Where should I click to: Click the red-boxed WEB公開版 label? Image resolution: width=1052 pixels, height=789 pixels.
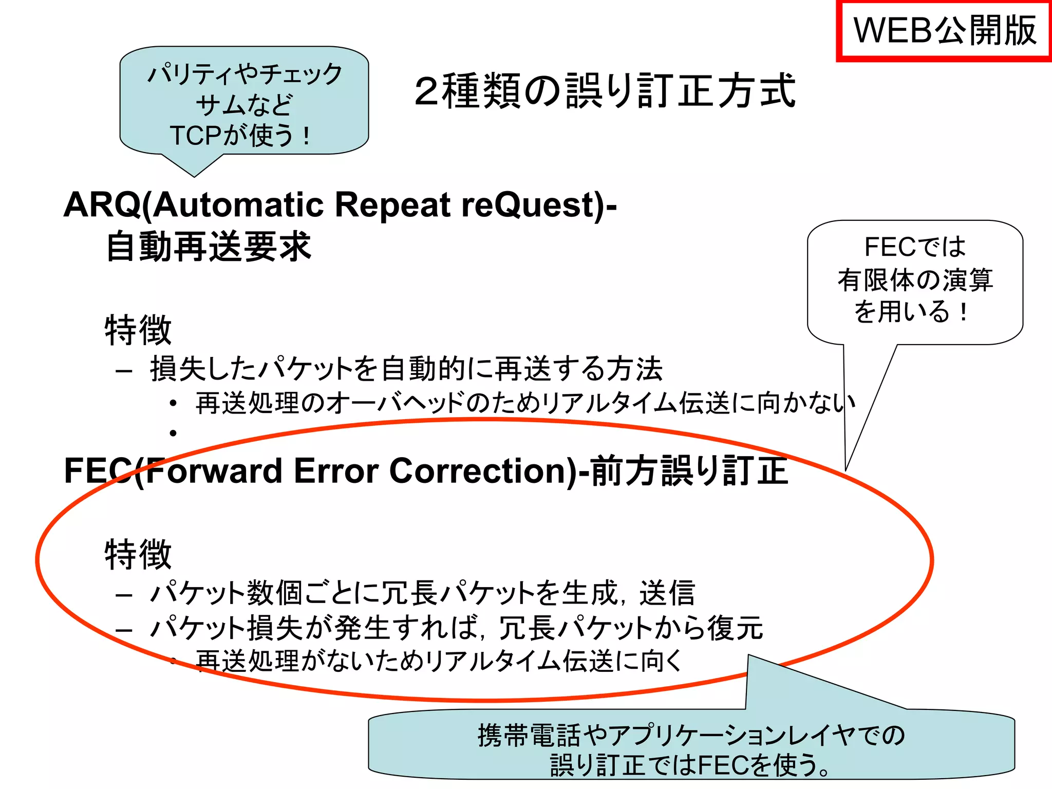click(x=944, y=31)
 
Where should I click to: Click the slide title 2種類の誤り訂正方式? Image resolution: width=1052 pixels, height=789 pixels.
click(x=605, y=91)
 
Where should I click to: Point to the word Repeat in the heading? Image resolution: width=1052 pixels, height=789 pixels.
click(x=393, y=204)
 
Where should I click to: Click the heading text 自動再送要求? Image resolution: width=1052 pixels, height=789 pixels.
click(x=208, y=247)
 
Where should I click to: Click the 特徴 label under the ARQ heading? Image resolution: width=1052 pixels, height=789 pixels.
click(x=138, y=330)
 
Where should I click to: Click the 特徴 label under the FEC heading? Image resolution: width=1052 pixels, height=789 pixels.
click(x=138, y=554)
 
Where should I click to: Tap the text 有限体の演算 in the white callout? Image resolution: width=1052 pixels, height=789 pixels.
click(x=915, y=280)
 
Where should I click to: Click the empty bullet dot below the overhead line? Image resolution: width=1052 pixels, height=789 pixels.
click(x=174, y=434)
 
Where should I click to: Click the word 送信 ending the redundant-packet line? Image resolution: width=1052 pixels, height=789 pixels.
click(x=667, y=593)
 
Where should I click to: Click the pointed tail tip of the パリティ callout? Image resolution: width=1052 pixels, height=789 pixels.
click(x=194, y=176)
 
